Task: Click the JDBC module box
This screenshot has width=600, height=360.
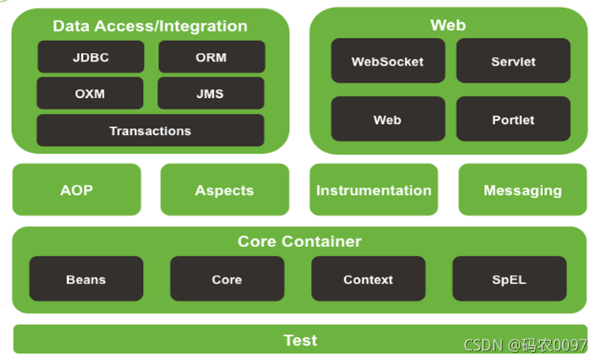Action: pos(91,58)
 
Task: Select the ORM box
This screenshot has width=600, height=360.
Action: pos(212,58)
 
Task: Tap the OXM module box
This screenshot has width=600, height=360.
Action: pos(90,93)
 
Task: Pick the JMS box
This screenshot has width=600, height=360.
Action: pos(210,93)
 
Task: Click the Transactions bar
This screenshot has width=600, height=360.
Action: pos(150,130)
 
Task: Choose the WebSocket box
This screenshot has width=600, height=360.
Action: pos(388,61)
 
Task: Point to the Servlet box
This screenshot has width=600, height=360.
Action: pos(513,61)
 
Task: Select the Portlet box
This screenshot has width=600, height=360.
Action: pos(513,119)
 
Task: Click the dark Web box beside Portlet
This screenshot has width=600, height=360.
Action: pos(388,119)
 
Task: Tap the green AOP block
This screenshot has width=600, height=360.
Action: pos(77,189)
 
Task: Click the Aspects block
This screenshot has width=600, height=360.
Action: pos(224,189)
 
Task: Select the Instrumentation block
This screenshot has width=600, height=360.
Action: pos(373,189)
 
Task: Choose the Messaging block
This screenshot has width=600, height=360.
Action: pos(523,189)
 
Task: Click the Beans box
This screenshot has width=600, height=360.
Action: pos(86,279)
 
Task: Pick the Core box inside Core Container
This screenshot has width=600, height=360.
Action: pos(227,279)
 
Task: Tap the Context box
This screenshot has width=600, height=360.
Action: pos(368,279)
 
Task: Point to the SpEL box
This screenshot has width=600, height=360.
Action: pos(509,279)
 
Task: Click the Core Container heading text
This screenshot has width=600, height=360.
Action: pos(299,241)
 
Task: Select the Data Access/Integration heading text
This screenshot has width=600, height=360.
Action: pos(150,26)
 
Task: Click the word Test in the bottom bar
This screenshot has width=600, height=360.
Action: pos(300,340)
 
